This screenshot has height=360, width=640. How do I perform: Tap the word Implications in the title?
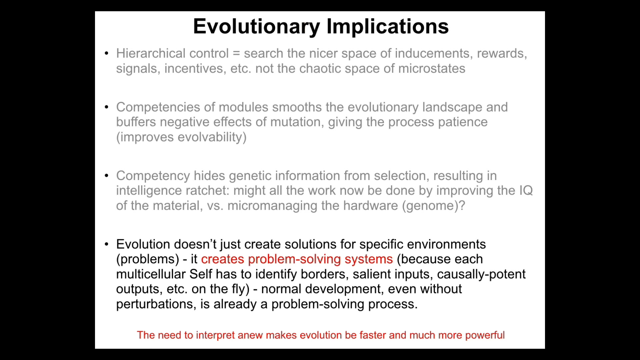pyautogui.click(x=388, y=27)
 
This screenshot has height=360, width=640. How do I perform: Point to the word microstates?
pyautogui.click(x=432, y=69)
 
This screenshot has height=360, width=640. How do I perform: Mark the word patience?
pyautogui.click(x=463, y=122)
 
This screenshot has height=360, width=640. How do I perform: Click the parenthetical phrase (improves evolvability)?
pyautogui.click(x=181, y=137)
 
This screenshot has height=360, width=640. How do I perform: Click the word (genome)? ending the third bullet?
pyautogui.click(x=433, y=206)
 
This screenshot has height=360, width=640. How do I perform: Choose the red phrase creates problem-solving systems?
pyautogui.click(x=297, y=259)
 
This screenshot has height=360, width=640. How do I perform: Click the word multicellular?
pyautogui.click(x=151, y=274)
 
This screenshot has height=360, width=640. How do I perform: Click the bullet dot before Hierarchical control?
pyautogui.click(x=106, y=53)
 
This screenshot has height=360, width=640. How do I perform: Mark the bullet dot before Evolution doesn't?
pyautogui.click(x=106, y=244)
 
